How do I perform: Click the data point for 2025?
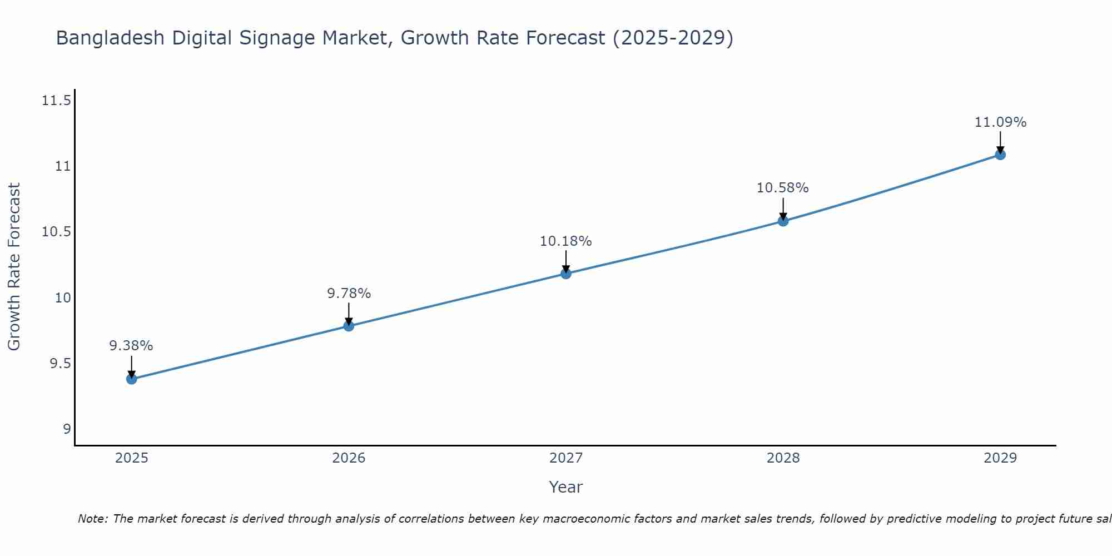(132, 379)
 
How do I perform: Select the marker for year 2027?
(566, 274)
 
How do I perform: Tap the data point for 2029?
(1000, 155)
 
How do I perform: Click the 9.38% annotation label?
(131, 346)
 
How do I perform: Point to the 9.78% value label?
(349, 294)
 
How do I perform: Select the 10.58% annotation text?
(782, 188)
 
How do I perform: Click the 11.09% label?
(1000, 122)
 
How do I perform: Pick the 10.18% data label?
(565, 241)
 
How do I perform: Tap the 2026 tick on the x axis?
(349, 458)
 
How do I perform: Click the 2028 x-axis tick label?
(783, 458)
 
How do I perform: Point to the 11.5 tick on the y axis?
(56, 101)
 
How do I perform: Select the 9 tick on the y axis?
(67, 429)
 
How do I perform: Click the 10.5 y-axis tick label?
(56, 232)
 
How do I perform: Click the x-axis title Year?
(565, 487)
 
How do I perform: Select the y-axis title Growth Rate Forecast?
(14, 267)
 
